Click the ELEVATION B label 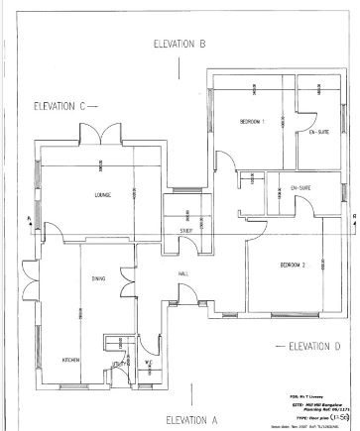click(x=180, y=45)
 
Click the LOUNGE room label click(x=102, y=194)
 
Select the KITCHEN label click(x=71, y=359)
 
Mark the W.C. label click(x=148, y=363)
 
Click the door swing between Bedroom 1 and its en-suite click(x=305, y=103)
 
